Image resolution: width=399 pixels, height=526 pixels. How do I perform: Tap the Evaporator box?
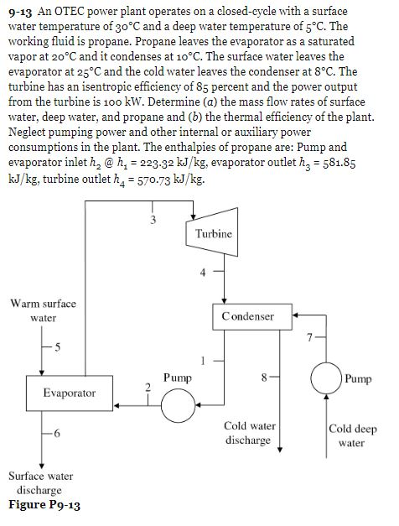70,393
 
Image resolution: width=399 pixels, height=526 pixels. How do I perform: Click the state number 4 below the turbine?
201,270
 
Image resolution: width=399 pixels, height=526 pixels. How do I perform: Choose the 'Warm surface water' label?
43,310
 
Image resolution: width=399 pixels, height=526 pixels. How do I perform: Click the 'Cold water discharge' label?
247,433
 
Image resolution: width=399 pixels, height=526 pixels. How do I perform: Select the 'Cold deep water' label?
353,435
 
